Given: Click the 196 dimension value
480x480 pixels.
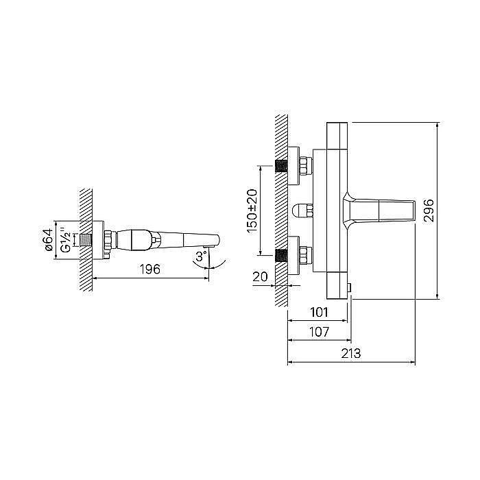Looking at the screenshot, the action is pyautogui.click(x=150, y=269).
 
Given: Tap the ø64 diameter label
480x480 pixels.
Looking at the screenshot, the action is pyautogui.click(x=49, y=240).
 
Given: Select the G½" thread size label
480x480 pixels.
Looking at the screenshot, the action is pyautogui.click(x=66, y=240).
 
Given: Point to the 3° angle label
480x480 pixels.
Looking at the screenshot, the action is pyautogui.click(x=201, y=256).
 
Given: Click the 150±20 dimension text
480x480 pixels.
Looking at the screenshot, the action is pyautogui.click(x=252, y=211).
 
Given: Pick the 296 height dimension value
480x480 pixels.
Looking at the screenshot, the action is pyautogui.click(x=429, y=211).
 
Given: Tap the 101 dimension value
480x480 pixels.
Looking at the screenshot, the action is pyautogui.click(x=319, y=313).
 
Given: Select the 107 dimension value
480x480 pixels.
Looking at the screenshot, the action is pyautogui.click(x=319, y=332).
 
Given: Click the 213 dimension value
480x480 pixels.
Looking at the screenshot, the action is pyautogui.click(x=351, y=354).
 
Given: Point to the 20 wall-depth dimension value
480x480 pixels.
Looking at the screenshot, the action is pyautogui.click(x=260, y=277).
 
